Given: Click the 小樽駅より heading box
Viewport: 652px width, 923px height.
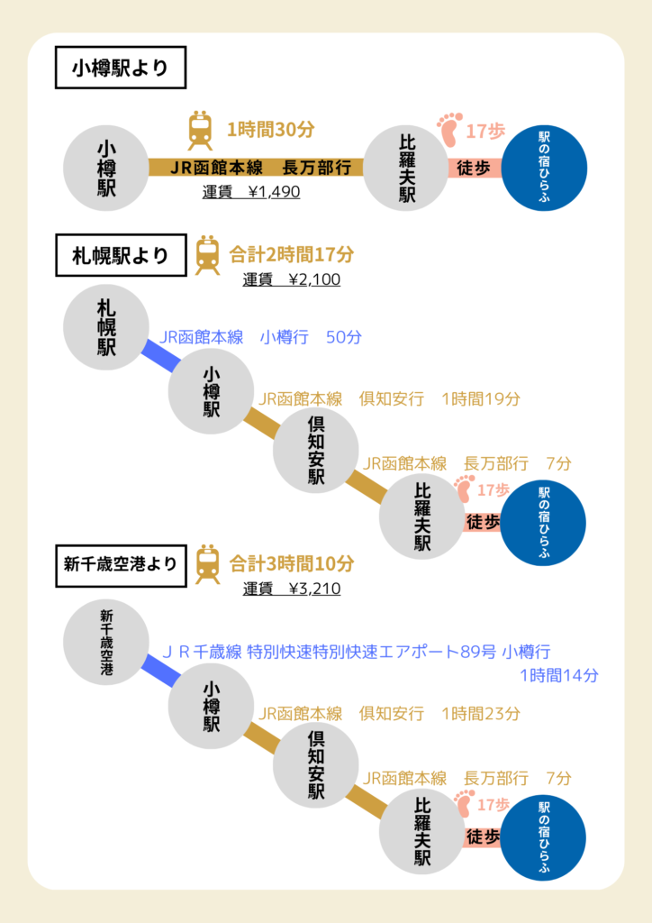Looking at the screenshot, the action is click(x=121, y=68).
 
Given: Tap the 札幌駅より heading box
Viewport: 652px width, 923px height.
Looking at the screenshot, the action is click(x=121, y=255).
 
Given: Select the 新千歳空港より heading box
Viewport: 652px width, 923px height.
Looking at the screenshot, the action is click(x=121, y=566).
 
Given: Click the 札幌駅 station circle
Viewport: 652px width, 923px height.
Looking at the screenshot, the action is click(x=106, y=327).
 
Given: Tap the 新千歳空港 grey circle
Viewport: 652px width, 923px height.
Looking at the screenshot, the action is click(x=106, y=642).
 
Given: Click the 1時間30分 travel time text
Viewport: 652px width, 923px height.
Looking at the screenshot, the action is click(x=270, y=130).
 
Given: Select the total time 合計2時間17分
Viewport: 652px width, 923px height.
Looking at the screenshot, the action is click(x=292, y=255).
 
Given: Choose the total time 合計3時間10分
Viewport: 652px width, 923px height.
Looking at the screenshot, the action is click(x=292, y=564).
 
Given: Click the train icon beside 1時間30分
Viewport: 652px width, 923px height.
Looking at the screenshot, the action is click(x=200, y=130).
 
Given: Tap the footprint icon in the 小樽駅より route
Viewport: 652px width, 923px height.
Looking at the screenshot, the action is click(x=449, y=130).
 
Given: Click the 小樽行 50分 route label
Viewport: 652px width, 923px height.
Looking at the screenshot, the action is click(x=311, y=337).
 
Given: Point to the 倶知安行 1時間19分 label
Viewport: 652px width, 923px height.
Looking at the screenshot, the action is click(x=439, y=399).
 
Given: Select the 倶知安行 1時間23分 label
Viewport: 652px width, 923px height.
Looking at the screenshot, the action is click(x=439, y=714).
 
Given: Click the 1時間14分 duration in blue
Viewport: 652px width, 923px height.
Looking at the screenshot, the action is click(x=559, y=675).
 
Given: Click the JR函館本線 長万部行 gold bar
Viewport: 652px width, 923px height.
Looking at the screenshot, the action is click(x=256, y=167).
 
